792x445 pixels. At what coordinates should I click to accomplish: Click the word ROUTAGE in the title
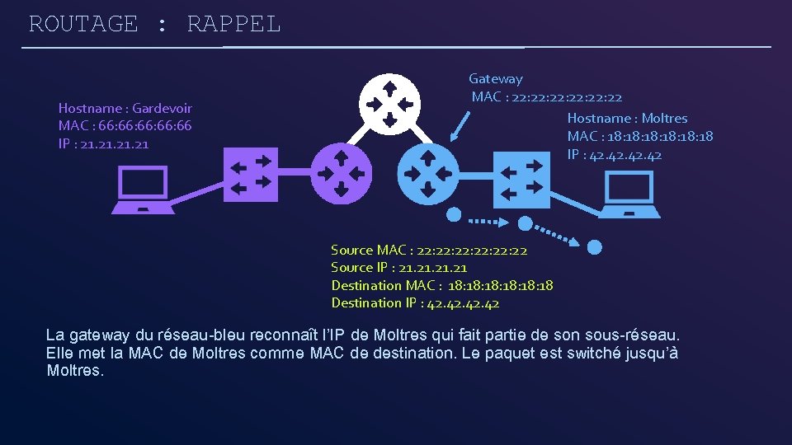[x=83, y=24]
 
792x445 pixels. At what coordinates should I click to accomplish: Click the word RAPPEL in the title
[x=234, y=24]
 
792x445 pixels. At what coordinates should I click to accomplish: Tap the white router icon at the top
[x=390, y=102]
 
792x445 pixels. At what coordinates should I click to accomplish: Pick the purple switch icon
[x=251, y=175]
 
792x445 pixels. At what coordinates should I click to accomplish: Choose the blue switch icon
[x=521, y=179]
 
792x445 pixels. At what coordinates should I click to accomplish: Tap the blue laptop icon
[x=629, y=194]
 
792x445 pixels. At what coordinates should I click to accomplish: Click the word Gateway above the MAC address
[x=496, y=79]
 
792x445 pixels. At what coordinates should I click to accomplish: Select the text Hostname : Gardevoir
[x=125, y=108]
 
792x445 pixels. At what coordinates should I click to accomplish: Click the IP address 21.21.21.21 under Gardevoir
[x=104, y=144]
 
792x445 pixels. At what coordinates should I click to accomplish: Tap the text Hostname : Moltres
[x=627, y=119]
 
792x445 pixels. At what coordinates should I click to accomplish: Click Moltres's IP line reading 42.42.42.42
[x=615, y=155]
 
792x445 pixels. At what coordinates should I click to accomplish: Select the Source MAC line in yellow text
[x=429, y=250]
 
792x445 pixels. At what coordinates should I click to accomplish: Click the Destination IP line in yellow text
[x=415, y=303]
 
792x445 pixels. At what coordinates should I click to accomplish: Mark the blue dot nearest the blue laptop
[x=594, y=246]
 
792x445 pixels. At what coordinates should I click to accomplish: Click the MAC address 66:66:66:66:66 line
[x=125, y=126]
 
